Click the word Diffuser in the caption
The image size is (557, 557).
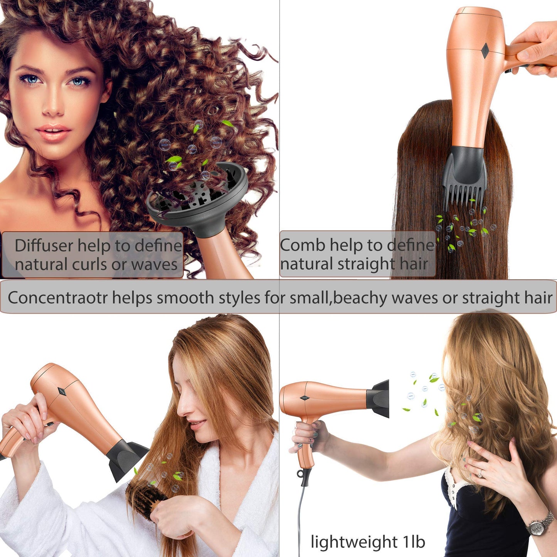44,246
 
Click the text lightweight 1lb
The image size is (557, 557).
368,542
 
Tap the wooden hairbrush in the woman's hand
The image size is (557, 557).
145,500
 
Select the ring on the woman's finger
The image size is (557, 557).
480,473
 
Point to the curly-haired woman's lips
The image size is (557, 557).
53,132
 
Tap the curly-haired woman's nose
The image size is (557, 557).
53,106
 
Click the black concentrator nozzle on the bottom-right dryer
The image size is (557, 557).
378,399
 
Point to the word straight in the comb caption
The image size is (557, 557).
366,264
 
